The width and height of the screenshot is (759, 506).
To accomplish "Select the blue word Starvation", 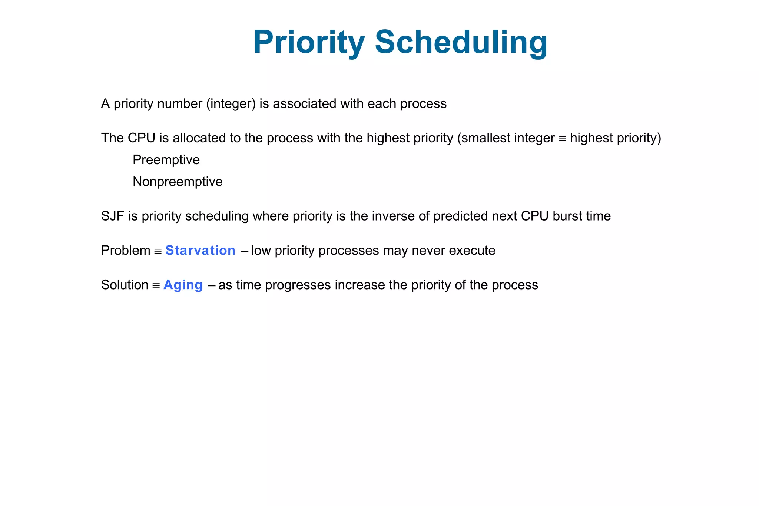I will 200,251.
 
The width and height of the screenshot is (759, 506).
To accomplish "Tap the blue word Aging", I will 183,285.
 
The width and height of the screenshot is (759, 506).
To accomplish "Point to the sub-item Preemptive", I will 166,160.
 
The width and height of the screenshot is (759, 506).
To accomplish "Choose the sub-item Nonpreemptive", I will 178,182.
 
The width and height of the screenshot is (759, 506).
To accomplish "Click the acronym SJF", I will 112,216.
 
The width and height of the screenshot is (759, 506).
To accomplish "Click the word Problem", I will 126,251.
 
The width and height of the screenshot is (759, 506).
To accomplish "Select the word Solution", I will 125,285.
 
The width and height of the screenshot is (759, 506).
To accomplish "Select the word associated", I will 304,104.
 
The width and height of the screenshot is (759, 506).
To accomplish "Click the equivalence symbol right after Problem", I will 158,252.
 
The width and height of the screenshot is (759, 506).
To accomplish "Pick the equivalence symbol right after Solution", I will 156,286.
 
